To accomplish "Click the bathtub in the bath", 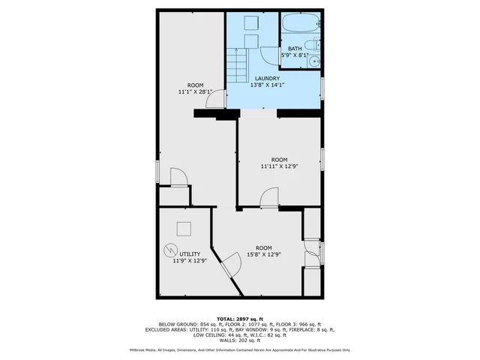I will pyautogui.click(x=301, y=23).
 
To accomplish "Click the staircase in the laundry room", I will pyautogui.click(x=238, y=66).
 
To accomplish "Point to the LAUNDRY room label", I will pyautogui.click(x=267, y=79).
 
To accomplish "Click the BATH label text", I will pyautogui.click(x=295, y=49).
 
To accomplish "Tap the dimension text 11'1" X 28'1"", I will pyautogui.click(x=195, y=92).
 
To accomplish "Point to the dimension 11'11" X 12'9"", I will pyautogui.click(x=279, y=166).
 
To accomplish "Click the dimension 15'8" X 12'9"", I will pyautogui.click(x=263, y=254).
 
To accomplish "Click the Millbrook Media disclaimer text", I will pyautogui.click(x=239, y=350).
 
